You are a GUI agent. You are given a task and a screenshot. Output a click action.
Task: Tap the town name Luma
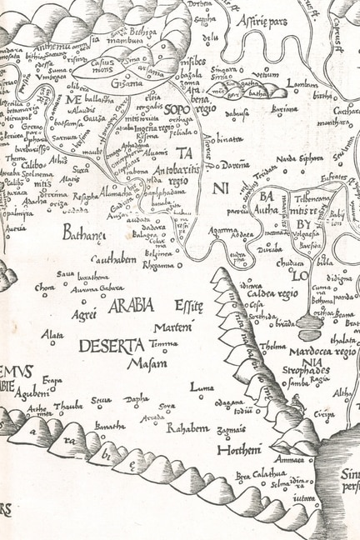click(202, 387)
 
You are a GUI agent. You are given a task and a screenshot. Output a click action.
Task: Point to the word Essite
click(188, 307)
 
